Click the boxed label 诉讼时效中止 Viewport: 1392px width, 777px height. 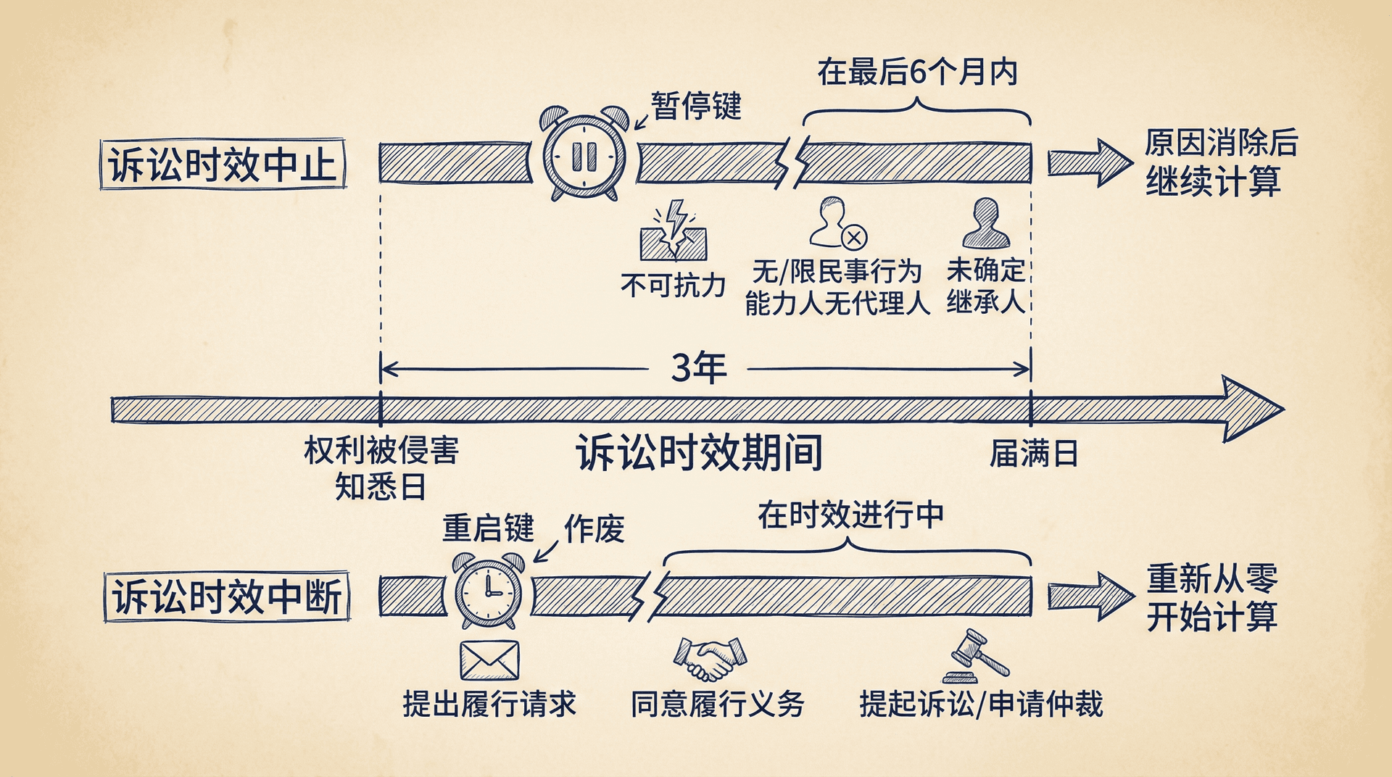point(223,165)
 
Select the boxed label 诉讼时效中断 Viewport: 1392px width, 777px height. point(227,597)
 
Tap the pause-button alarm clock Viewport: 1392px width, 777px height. point(584,155)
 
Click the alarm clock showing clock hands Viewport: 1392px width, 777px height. point(489,589)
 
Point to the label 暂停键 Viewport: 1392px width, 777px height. point(696,106)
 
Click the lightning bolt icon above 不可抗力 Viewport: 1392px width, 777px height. point(674,230)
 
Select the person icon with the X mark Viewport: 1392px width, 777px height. point(837,223)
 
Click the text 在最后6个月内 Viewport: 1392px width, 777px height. point(918,72)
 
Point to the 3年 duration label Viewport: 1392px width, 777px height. point(698,368)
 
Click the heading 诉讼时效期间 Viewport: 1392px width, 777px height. point(699,453)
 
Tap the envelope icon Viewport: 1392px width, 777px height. point(489,660)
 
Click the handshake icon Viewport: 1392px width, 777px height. point(709,658)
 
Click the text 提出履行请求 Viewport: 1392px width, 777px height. point(489,704)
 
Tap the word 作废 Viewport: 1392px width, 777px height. point(594,528)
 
